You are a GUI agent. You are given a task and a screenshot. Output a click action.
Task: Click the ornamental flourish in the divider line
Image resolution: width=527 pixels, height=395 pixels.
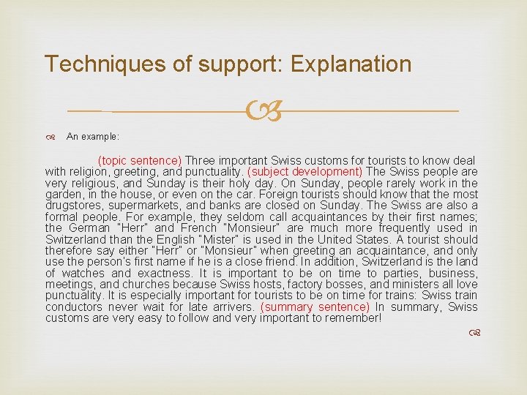tap(264, 112)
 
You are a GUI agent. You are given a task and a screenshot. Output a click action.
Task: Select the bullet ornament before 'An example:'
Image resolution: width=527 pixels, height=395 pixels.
tap(53, 136)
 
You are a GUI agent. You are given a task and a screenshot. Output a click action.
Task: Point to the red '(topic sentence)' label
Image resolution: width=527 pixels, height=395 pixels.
tap(140, 160)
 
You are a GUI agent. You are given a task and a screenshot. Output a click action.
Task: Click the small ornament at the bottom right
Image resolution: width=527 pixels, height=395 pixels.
tap(474, 334)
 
